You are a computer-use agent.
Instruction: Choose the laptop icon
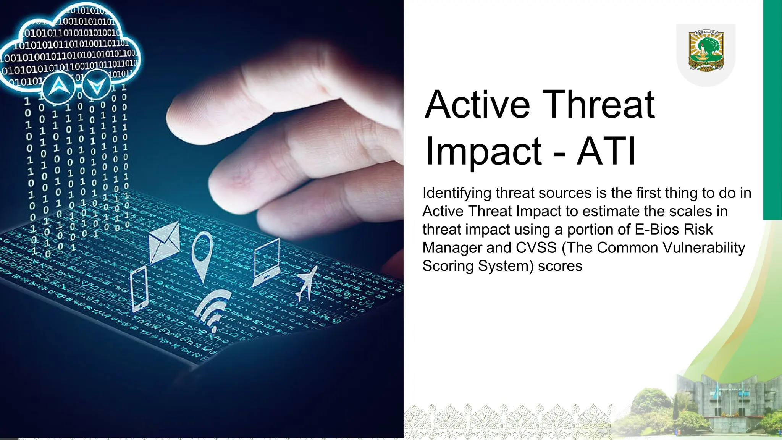click(266, 262)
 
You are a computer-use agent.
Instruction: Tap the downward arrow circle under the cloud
click(97, 86)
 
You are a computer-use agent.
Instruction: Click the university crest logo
click(706, 51)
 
